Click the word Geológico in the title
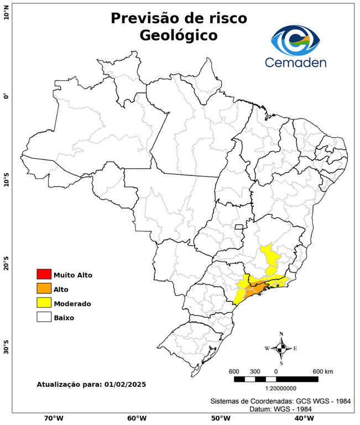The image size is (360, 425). (x=179, y=35)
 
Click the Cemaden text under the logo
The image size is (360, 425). (x=295, y=63)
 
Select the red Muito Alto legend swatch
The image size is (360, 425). (x=44, y=274)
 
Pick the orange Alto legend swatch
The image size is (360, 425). (x=44, y=289)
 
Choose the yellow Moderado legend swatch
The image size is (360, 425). (x=44, y=303)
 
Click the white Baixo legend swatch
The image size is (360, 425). (x=44, y=318)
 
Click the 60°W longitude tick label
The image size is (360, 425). (x=137, y=418)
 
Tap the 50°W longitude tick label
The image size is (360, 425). (x=220, y=418)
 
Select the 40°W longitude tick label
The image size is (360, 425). (x=302, y=418)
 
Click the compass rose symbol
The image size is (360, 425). (x=281, y=348)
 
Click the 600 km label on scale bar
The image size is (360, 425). (x=323, y=371)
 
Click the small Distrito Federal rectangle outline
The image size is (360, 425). (x=239, y=227)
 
